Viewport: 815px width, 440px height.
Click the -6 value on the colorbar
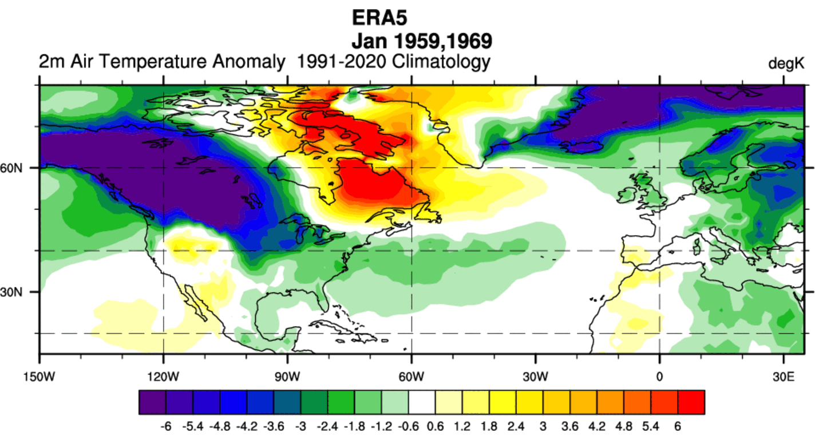[x=167, y=427]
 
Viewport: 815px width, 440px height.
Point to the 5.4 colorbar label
[x=650, y=427]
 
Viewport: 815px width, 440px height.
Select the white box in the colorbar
[x=422, y=402]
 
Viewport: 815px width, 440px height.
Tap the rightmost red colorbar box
[x=691, y=402]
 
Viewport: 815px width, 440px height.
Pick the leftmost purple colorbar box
[x=152, y=402]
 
